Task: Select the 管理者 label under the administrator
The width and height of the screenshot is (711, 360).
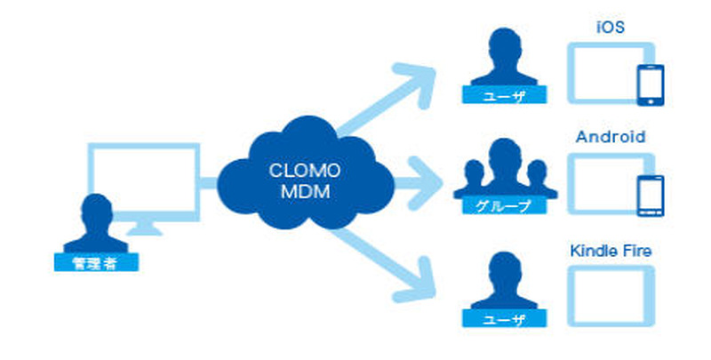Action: tap(91, 263)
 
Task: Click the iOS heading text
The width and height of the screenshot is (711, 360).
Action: tap(610, 28)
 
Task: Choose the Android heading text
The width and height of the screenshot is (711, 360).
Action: tap(610, 138)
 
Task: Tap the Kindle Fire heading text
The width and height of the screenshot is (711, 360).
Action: tap(611, 252)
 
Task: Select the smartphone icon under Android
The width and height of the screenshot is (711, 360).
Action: tap(651, 196)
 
